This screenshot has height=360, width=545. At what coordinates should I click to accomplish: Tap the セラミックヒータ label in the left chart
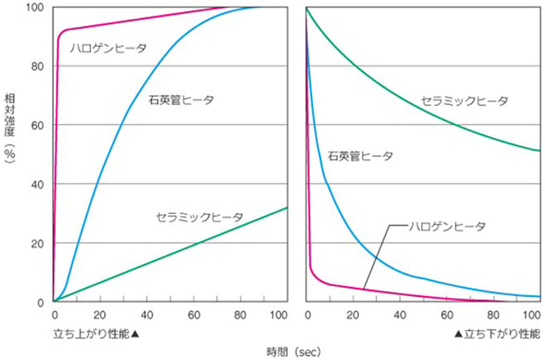[x=199, y=217]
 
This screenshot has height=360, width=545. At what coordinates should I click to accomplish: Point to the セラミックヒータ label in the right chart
[x=464, y=102]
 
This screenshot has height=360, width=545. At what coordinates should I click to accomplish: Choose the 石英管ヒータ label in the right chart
[x=360, y=156]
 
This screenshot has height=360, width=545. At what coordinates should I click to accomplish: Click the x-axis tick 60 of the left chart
[x=193, y=316]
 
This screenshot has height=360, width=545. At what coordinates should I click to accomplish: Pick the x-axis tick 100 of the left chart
[x=284, y=316]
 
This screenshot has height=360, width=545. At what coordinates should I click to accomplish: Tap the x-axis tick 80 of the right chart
[x=493, y=316]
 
